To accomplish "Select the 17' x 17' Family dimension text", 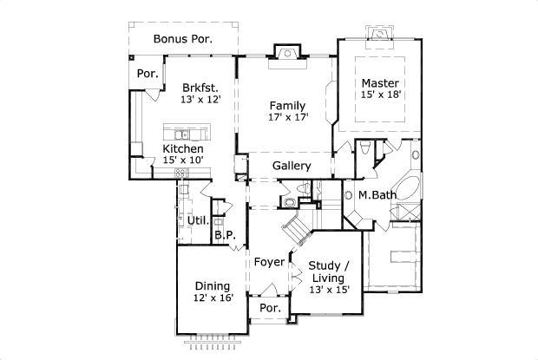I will pos(288,118).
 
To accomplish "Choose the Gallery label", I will pos(292,166).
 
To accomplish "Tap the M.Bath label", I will pos(377,194).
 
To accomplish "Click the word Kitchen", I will pos(183,148).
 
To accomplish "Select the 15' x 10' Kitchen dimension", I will pos(183,161).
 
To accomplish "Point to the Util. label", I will pos(197,220).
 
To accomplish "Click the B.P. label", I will pos(225,234).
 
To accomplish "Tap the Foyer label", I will pos(269,260).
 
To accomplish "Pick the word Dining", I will pos(212,285).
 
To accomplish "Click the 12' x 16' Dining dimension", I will pos(212,298).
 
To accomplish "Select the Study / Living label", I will pos(330,272).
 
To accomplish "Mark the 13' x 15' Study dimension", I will pos(330,290).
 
